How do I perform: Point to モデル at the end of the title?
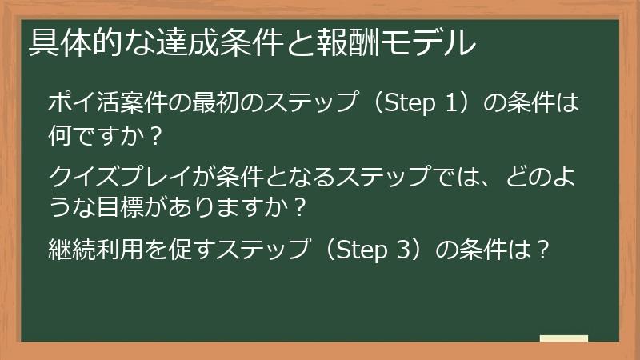pos(409,42)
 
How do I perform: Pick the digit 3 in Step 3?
pos(402,250)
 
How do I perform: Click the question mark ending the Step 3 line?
pos(542,250)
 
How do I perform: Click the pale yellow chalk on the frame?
pos(563,338)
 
